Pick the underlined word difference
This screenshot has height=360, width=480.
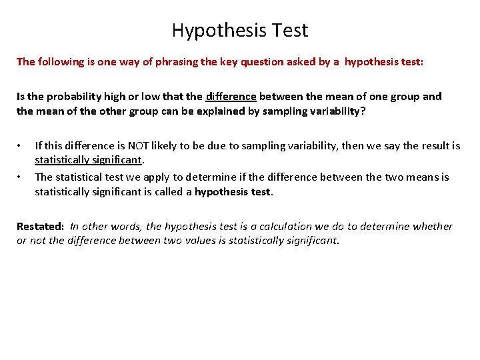point(231,97)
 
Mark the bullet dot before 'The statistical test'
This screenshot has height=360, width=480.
point(21,177)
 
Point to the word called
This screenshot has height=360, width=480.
point(169,192)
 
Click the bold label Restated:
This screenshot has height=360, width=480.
point(41,227)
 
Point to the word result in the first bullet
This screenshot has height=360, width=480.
point(432,146)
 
